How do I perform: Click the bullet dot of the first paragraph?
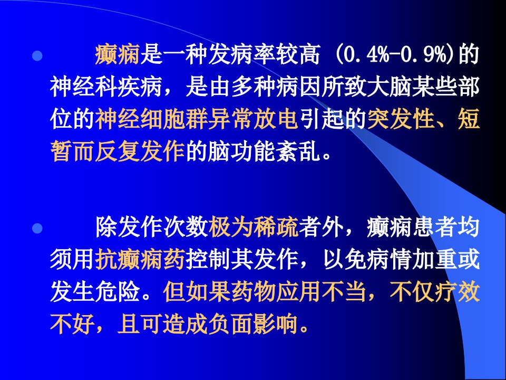coord(37,55)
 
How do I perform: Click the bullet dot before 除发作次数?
coord(37,229)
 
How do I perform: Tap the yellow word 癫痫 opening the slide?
coord(117,54)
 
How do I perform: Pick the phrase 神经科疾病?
coord(106,87)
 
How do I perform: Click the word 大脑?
coord(389,87)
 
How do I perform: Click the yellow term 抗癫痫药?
coord(140,260)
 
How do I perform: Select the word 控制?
coord(208,260)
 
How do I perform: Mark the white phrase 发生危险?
coord(95,292)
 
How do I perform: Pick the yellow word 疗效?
coord(457,292)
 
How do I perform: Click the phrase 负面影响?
coord(254,324)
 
